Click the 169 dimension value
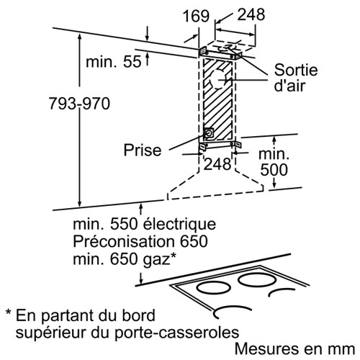coord(196,16)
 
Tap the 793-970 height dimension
coord(79,104)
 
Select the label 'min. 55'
coord(114,61)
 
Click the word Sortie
coord(296,70)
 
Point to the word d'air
coord(289,85)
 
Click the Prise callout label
coord(143,150)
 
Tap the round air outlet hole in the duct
coord(220,80)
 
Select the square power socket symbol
coord(208,134)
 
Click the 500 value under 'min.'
coord(274,170)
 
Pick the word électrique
coord(179,225)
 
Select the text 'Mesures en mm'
coord(294,348)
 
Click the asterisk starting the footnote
coord(9,312)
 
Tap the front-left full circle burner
coord(213,288)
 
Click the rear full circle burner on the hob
coord(256,279)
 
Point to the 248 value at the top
coord(251,14)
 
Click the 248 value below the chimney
coord(217,164)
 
